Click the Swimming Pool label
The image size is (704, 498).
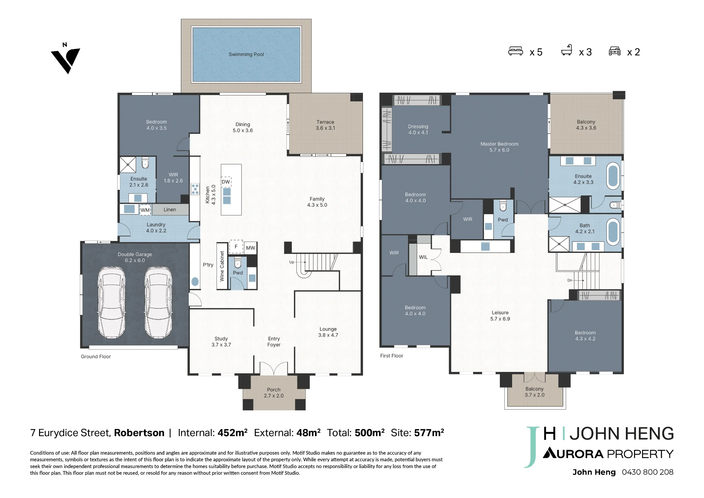point(246,54)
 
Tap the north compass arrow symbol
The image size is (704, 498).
point(65,58)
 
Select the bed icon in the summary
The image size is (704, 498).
point(516,51)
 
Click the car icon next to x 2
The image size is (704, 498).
point(615,51)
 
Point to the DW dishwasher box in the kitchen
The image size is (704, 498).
point(226,182)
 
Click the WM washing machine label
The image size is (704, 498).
point(145,210)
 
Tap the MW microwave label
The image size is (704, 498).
point(251,248)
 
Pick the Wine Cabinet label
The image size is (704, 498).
point(222,266)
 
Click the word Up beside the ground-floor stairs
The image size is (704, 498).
point(291,262)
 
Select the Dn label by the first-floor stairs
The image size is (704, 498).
point(570,280)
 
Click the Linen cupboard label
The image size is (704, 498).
point(170,210)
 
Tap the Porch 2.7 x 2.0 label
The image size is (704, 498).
point(274,393)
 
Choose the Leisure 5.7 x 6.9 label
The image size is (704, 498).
point(500,316)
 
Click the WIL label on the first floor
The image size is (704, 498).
point(423,257)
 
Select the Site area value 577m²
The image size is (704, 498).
point(429,432)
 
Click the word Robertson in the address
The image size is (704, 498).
point(139,433)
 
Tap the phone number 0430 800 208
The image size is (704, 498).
point(647,472)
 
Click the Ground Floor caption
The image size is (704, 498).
point(96,356)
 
